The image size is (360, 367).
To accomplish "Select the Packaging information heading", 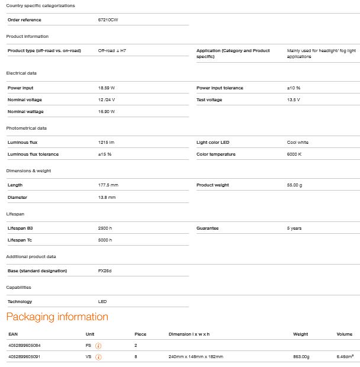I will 57,317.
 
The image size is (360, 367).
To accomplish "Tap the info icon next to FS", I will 99,346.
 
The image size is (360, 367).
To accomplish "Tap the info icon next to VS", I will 99,357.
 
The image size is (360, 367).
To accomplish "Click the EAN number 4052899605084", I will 24,345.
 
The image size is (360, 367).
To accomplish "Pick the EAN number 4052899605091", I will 24,357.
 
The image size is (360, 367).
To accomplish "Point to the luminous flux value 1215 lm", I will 106,142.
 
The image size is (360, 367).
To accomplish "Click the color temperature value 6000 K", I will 296,154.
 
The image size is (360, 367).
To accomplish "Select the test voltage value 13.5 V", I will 294,99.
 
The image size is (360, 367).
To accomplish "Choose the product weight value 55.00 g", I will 295,185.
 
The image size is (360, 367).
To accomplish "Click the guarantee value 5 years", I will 294,228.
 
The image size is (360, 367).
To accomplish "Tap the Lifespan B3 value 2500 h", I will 105,228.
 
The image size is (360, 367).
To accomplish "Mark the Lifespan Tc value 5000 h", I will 105,240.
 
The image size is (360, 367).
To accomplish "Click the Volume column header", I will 345,334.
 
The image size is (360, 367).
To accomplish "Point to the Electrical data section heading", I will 21,73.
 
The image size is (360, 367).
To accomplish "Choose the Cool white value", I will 298,142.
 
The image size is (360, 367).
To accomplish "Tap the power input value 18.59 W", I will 107,88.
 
